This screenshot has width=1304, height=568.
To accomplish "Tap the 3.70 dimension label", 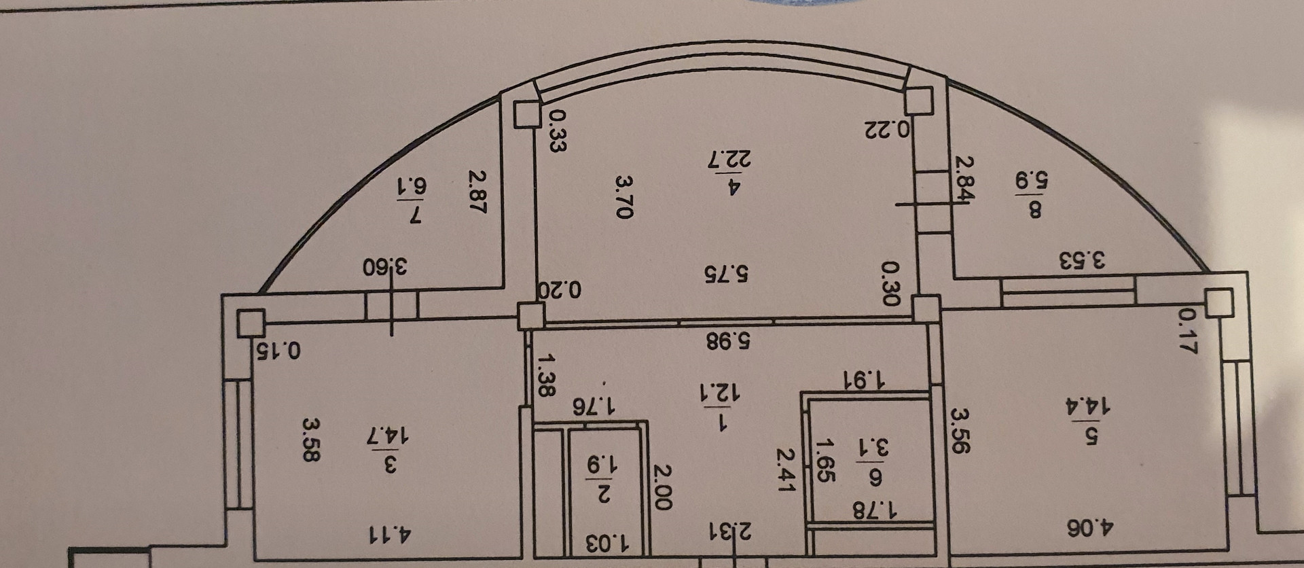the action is (623, 196).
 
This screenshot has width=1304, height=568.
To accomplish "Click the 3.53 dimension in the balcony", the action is (1083, 260).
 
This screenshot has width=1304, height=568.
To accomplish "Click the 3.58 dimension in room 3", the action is (310, 440).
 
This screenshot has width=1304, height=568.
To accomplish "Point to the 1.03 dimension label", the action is (607, 544).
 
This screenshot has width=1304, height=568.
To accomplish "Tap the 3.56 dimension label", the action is (961, 429).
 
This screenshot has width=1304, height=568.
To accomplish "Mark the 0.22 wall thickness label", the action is (887, 129).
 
